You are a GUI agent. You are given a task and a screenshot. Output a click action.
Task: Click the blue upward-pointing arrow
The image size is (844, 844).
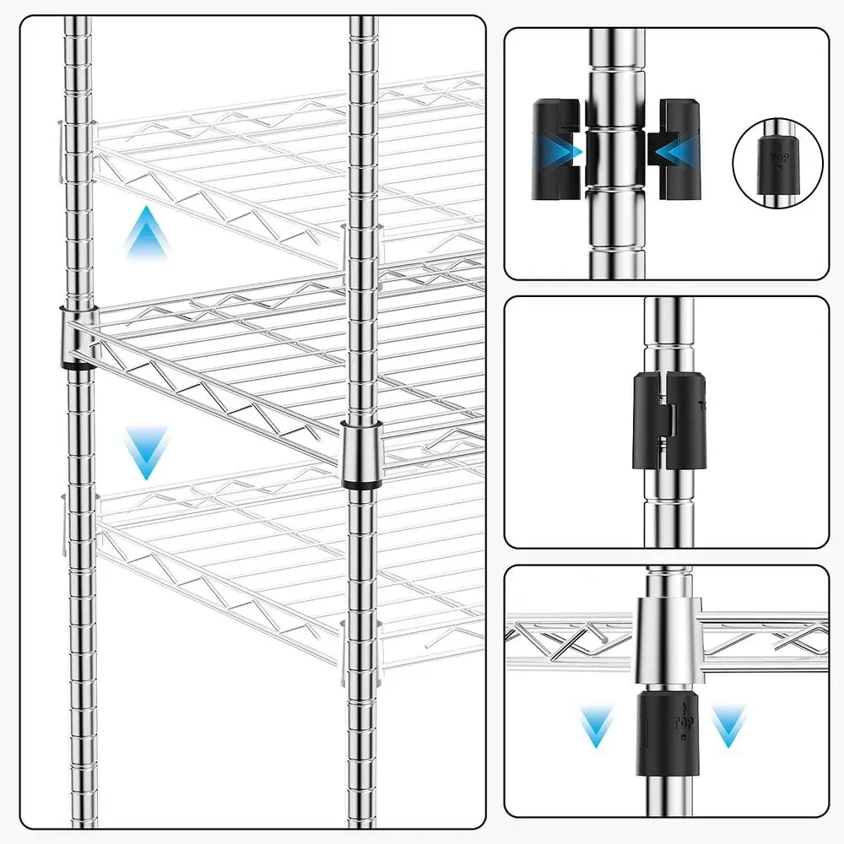tap(147, 231)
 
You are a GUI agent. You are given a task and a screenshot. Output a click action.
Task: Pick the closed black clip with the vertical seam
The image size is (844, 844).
tap(665, 419)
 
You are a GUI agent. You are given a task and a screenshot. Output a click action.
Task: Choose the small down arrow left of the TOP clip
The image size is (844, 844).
tap(598, 726)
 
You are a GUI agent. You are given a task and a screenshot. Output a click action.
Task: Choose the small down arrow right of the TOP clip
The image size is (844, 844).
tap(728, 726)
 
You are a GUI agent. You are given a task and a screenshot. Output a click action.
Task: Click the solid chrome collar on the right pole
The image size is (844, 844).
tap(361, 452)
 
